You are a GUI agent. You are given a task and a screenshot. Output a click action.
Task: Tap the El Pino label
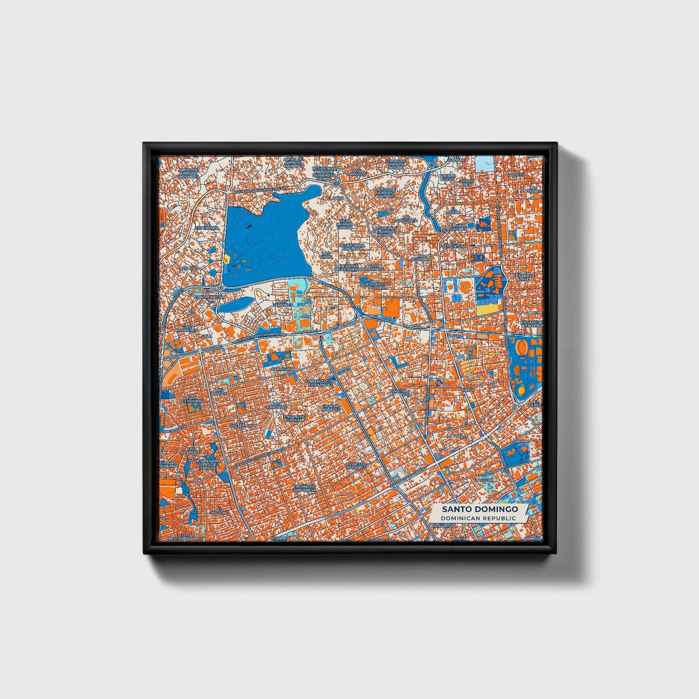coord(334,198)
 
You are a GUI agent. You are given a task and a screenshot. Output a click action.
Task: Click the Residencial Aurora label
coord(377,286)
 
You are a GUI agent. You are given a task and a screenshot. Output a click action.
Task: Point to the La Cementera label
coord(453,246)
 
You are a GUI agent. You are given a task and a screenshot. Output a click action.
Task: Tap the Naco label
coord(467,389)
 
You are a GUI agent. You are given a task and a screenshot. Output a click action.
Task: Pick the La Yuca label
coord(456,435)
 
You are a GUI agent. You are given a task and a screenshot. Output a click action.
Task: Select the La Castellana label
coord(242,425)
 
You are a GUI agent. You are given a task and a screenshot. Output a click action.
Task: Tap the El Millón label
coord(222,510)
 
